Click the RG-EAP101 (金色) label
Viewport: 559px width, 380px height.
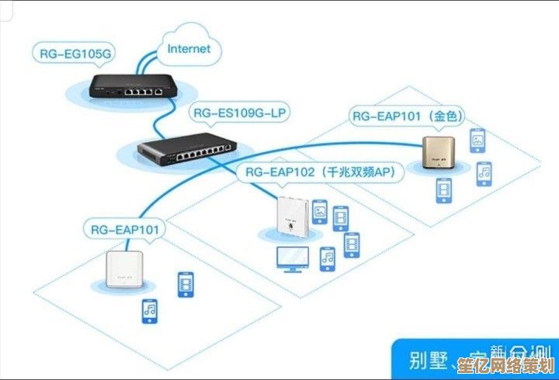pyautogui.click(x=408, y=117)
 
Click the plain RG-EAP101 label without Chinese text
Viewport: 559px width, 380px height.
pyautogui.click(x=124, y=229)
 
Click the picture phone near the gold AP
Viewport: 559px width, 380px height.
pyautogui.click(x=477, y=141)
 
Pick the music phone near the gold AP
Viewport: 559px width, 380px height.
pyautogui.click(x=483, y=173)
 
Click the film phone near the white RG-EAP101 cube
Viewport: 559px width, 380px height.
pyautogui.click(x=186, y=284)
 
